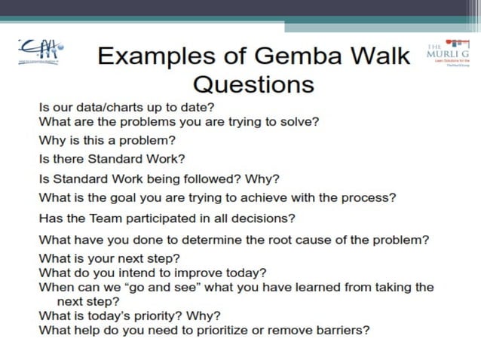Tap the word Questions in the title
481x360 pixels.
(253, 83)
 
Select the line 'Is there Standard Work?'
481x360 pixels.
(112, 159)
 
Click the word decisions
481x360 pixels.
(267, 218)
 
